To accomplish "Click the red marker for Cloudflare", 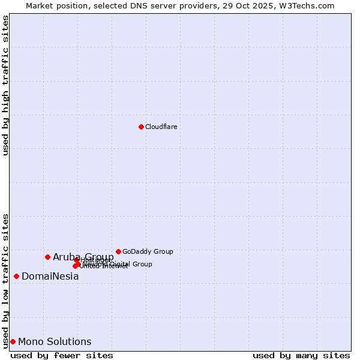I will (141, 127).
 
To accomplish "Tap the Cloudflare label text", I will (161, 127).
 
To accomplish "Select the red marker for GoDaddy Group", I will (118, 251).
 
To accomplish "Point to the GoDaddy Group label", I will (148, 251).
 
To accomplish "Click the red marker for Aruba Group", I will (47, 257).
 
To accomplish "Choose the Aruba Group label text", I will (83, 257).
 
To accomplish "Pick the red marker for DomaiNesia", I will (16, 276).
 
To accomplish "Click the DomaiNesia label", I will (50, 277).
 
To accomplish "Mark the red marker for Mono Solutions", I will (13, 341).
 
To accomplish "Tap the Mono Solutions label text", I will (55, 342).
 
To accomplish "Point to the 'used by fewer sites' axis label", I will (62, 355).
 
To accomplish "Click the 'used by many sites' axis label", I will (301, 355).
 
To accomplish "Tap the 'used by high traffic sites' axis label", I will (5, 85).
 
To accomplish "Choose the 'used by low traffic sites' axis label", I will (5, 280).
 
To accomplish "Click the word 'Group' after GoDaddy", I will (163, 251).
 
